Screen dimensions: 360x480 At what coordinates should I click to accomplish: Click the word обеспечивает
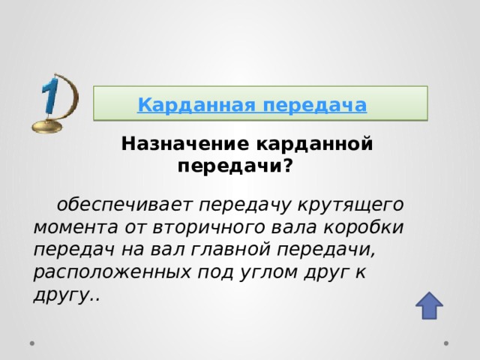(125, 204)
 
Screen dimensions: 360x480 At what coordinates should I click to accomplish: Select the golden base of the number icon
(49, 128)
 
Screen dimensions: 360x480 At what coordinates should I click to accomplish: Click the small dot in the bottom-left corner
(33, 343)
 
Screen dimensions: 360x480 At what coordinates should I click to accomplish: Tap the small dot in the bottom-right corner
(446, 343)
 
